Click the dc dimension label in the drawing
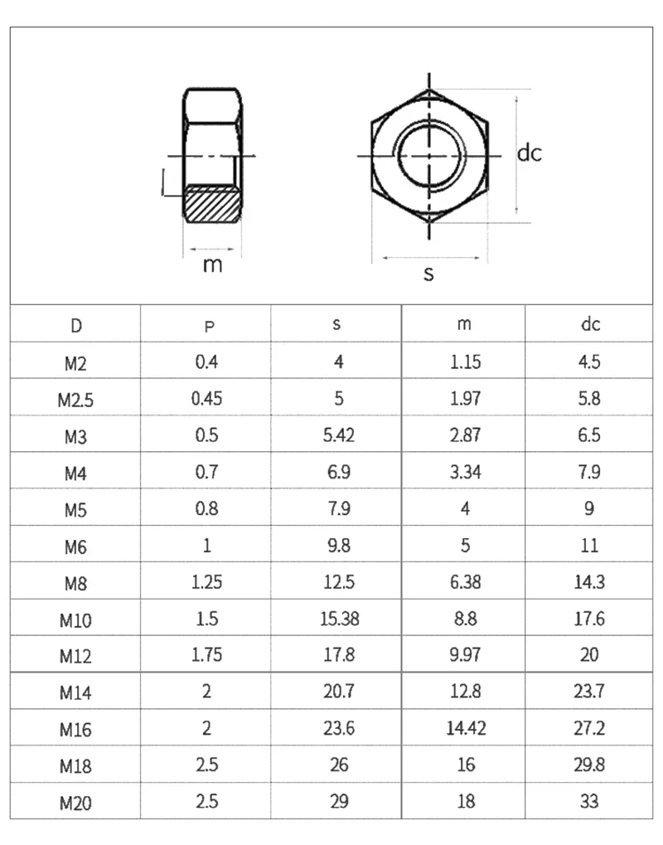coord(529,153)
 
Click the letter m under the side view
coord(212,265)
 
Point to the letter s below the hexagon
coord(428,274)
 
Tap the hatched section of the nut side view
coord(212,204)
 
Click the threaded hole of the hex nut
coord(429,156)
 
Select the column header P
coord(209,326)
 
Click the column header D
coord(76,326)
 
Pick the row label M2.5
coord(75,401)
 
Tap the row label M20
coord(75,804)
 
